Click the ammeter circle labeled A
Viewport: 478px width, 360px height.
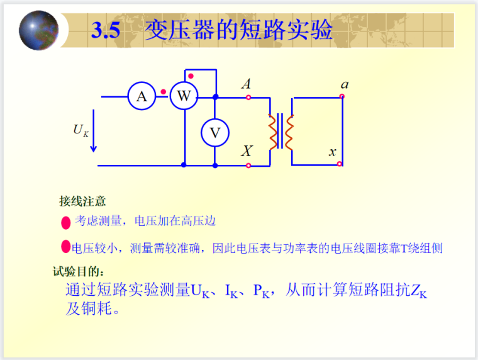click(x=142, y=96)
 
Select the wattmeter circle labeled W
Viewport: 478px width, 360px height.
click(x=184, y=96)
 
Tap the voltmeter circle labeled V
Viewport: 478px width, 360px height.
click(x=215, y=132)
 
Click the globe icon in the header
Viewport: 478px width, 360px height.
click(x=38, y=30)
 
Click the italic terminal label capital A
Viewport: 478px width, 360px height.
click(x=247, y=84)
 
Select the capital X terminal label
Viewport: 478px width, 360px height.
click(x=247, y=151)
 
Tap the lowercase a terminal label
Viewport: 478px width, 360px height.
click(x=344, y=84)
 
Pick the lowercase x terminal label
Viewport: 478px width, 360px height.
click(x=333, y=152)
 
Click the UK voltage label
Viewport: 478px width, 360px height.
click(x=80, y=130)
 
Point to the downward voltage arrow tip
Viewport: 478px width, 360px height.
click(x=94, y=149)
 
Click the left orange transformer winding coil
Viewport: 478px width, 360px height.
click(x=274, y=132)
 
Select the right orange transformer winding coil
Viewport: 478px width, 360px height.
click(x=289, y=132)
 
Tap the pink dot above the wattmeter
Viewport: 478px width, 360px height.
click(x=191, y=76)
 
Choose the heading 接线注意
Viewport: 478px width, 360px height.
click(x=82, y=201)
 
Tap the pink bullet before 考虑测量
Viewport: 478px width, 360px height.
click(x=65, y=222)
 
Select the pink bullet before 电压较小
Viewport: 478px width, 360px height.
click(x=65, y=246)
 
